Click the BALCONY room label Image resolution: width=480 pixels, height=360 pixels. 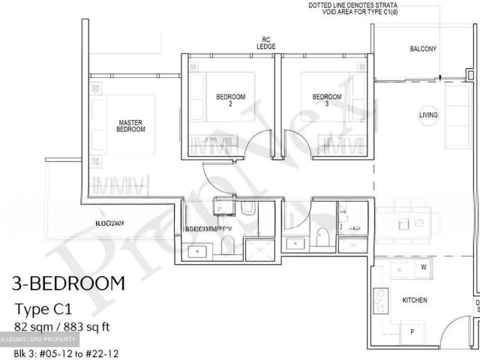tap(423, 49)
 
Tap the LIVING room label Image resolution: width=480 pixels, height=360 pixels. tap(428, 115)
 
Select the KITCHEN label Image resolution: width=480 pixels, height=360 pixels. tap(415, 300)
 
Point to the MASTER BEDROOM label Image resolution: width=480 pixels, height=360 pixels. tap(130, 125)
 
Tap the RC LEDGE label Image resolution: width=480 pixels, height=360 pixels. tap(265, 43)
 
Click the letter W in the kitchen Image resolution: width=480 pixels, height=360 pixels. tap(424, 267)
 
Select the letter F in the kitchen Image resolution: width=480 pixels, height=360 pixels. tap(412, 331)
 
